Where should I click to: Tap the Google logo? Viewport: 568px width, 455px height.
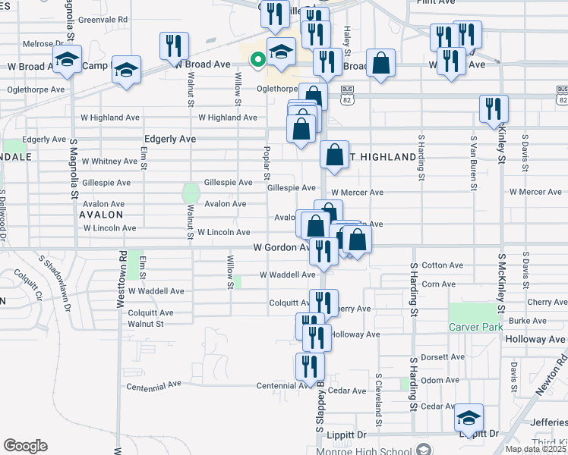coord(25,446)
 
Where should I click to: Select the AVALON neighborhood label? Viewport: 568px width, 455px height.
coord(101,215)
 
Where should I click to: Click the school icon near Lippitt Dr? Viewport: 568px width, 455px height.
coord(469,417)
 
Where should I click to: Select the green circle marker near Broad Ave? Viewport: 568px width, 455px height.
coord(258,58)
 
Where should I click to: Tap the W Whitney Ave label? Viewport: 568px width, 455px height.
coord(110,162)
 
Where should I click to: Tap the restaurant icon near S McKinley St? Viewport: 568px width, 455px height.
coord(494,108)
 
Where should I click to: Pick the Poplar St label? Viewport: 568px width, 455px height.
coord(267,162)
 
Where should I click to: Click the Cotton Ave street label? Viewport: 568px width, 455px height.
coord(443,265)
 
